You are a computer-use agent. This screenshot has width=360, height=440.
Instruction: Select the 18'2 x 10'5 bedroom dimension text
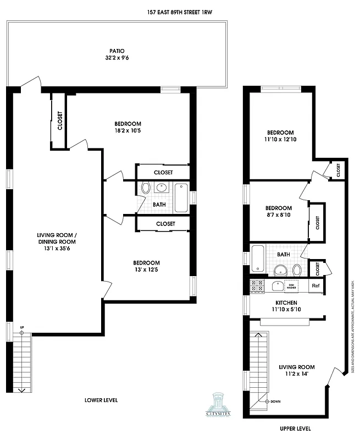click(x=128, y=131)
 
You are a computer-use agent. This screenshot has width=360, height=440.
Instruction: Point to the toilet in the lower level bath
click(x=145, y=188)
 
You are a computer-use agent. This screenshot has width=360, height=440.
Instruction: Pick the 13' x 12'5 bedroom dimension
click(x=145, y=270)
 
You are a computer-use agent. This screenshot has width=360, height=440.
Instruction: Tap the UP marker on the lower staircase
click(x=21, y=332)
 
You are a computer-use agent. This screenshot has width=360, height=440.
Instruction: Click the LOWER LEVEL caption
click(x=101, y=400)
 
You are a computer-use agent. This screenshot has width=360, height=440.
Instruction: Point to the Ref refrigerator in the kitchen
click(x=315, y=285)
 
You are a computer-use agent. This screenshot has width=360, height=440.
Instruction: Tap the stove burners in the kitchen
click(x=257, y=285)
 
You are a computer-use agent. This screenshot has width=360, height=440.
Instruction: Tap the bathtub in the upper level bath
click(x=259, y=258)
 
